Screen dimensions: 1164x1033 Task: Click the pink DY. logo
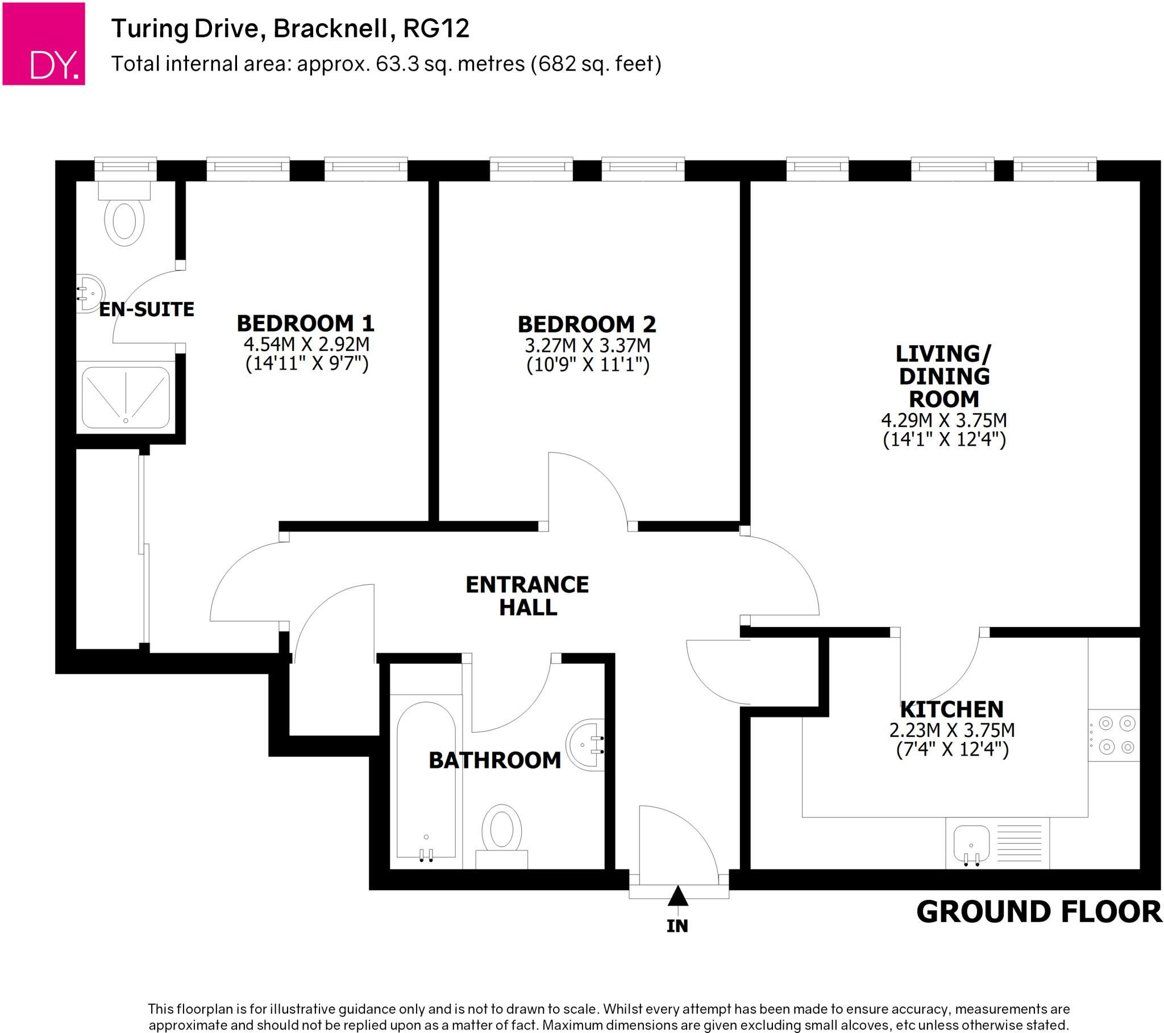pos(44,44)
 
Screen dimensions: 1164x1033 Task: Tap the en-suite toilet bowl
pos(124,221)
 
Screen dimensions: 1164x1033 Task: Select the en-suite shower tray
pos(126,397)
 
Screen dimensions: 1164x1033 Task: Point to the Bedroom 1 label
pos(305,323)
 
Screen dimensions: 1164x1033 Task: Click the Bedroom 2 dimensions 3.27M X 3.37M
pos(587,345)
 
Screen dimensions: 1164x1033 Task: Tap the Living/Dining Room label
pos(943,376)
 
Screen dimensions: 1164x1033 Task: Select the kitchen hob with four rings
pos(1116,735)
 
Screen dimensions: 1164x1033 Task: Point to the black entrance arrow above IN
pos(677,896)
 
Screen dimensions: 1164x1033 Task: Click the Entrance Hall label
pos(527,596)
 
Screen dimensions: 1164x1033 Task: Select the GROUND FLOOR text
pos(1039,912)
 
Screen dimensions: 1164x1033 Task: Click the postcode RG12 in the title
pos(436,28)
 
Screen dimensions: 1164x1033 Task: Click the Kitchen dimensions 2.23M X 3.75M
pos(952,730)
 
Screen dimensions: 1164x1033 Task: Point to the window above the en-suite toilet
pos(125,167)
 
